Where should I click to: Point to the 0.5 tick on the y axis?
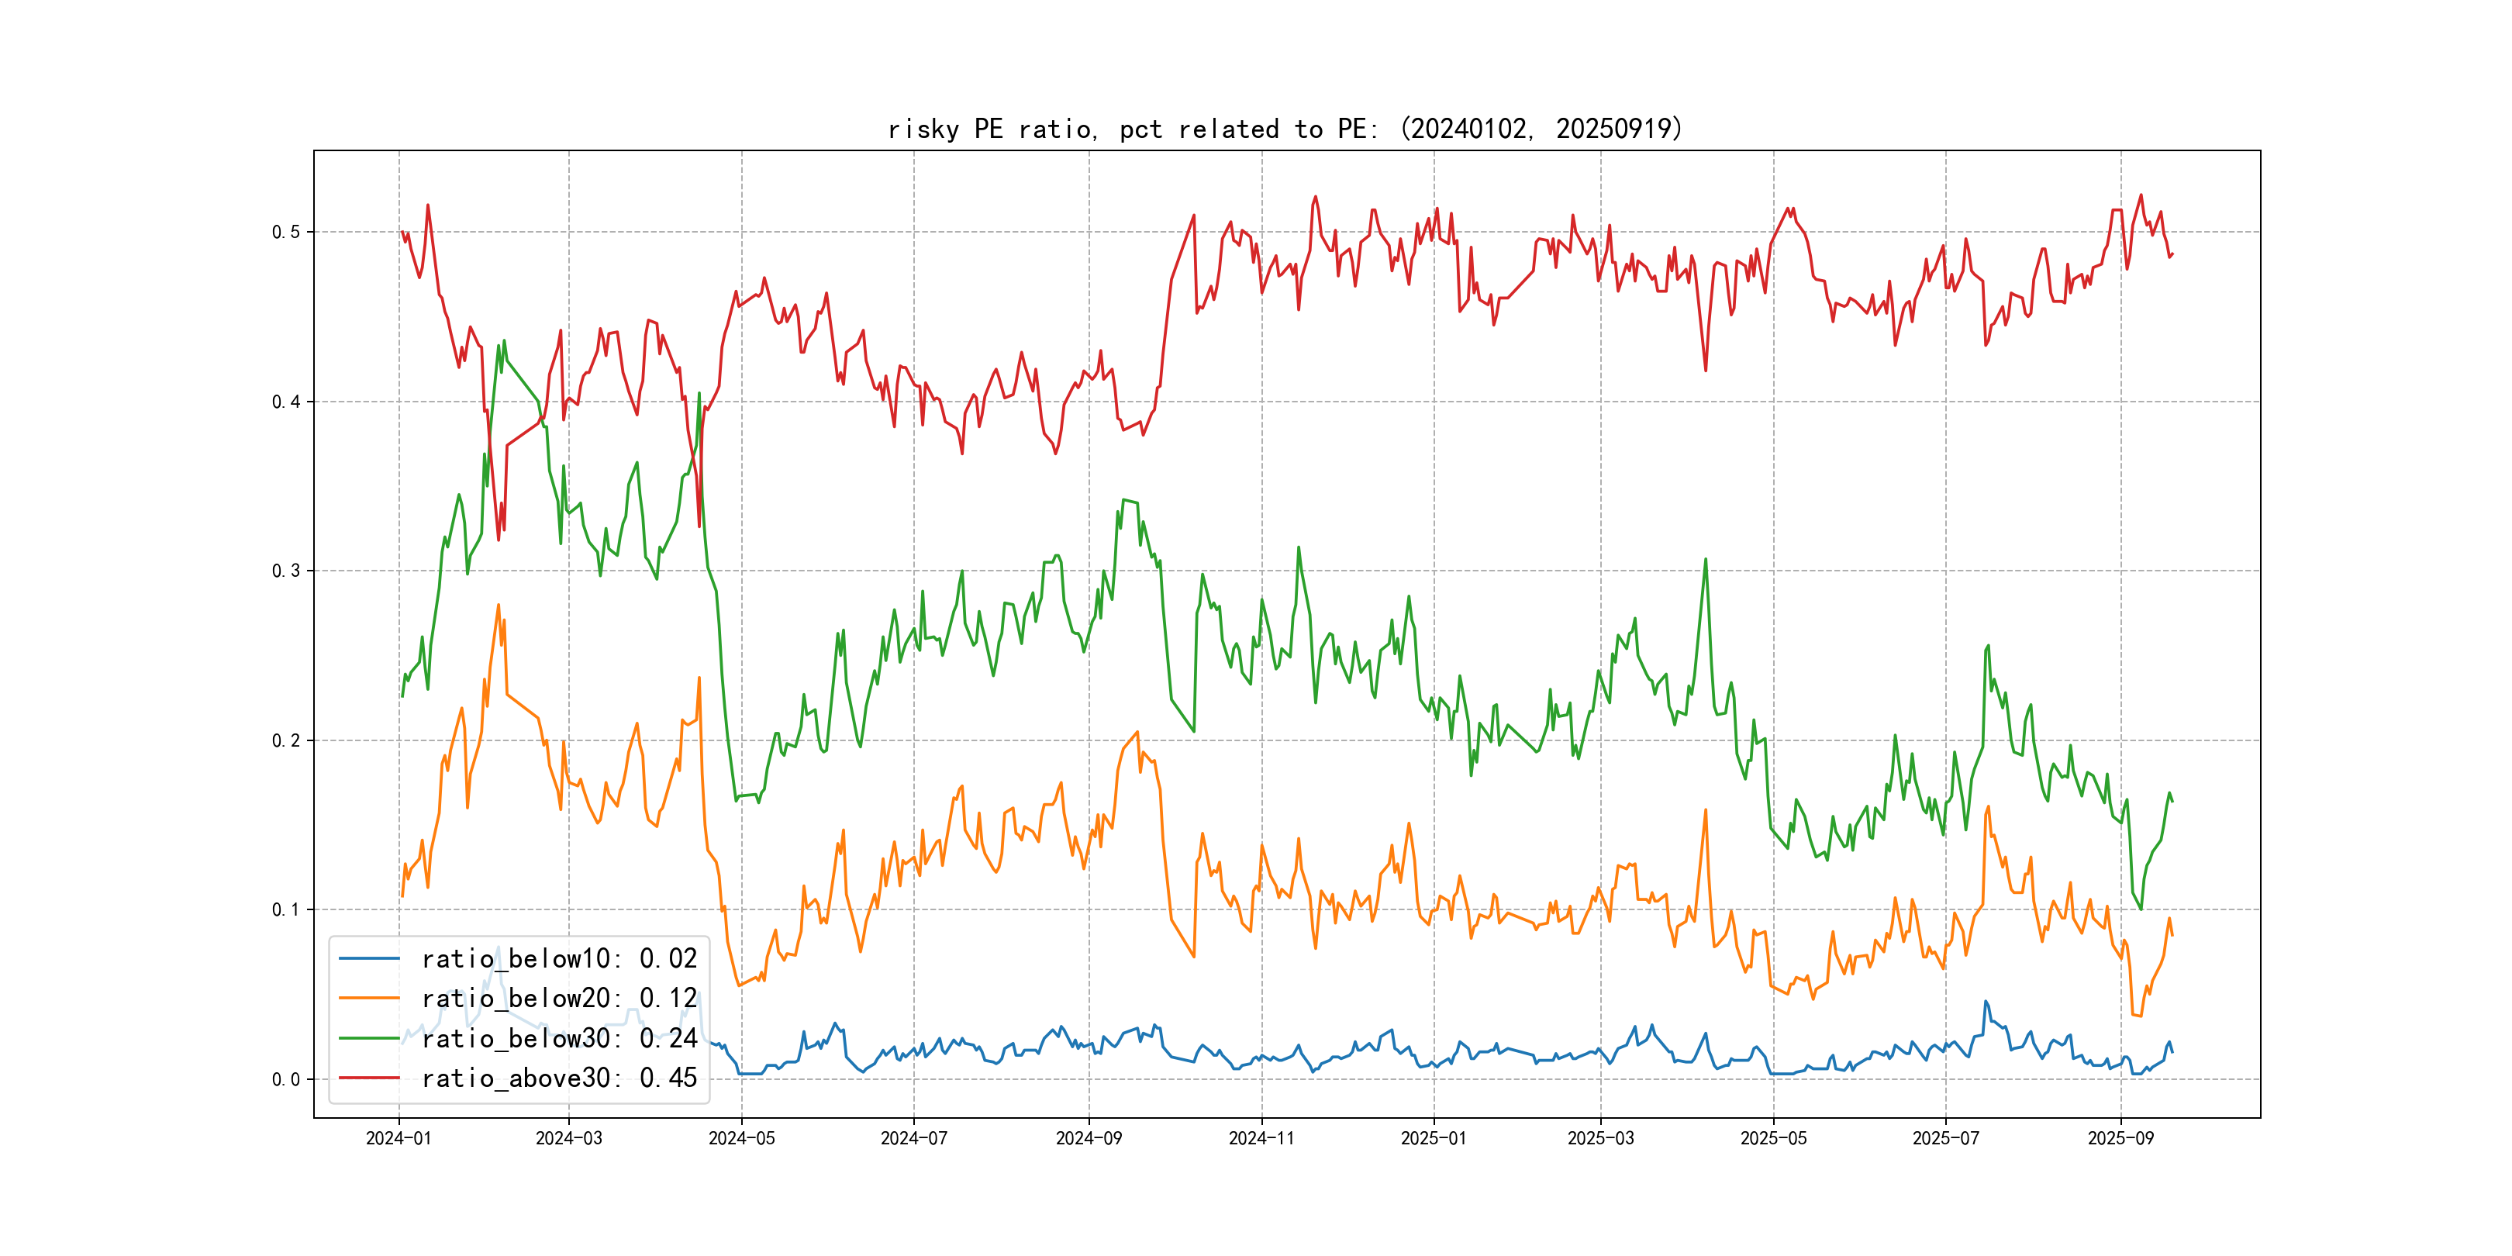286,232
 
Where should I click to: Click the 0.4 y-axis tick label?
286,402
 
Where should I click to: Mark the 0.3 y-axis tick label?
286,571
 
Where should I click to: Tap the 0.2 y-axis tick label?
286,740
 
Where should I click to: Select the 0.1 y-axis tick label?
286,909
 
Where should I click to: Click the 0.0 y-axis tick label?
286,1079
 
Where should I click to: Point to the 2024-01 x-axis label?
398,1138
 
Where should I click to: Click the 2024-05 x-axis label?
741,1138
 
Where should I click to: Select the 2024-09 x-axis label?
1089,1138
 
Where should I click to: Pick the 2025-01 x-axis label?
1433,1138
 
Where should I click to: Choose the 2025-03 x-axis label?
1600,1138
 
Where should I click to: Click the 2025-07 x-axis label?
1945,1138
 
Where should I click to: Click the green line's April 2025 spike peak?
1706,560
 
